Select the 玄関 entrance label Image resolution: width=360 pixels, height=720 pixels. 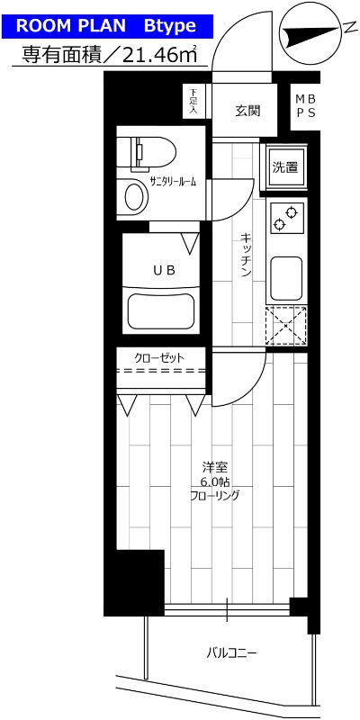pos(247,111)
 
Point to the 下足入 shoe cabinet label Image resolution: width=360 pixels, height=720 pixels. pos(193,99)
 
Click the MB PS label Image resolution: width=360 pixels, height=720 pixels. pos(301,104)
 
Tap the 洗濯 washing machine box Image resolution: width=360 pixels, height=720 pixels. pos(285,166)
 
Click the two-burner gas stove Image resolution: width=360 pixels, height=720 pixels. pos(287,217)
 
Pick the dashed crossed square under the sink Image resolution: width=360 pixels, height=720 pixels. pos(287,325)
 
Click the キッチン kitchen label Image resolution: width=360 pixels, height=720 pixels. pos(245,255)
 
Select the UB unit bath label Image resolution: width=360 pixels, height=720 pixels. pos(163,269)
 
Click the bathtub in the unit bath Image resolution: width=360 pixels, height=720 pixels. pos(163,310)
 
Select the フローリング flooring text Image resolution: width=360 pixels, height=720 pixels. pos(213,495)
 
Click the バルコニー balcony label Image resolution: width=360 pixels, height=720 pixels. pos(231,651)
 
